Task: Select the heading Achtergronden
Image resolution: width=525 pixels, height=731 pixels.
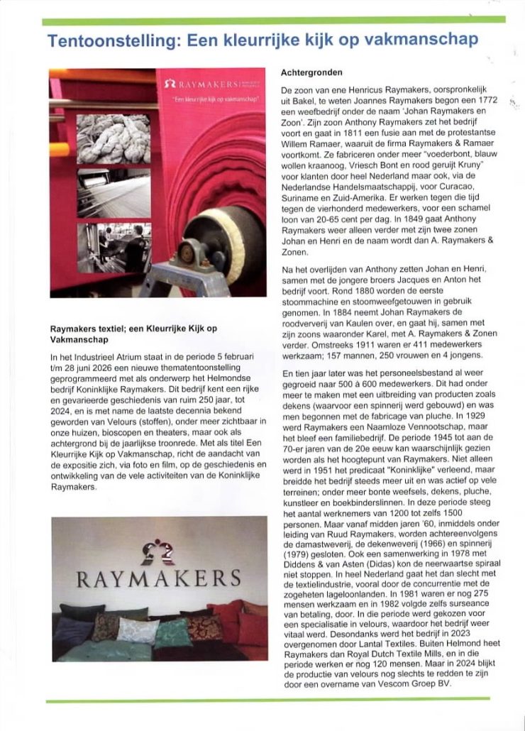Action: [x=311, y=73]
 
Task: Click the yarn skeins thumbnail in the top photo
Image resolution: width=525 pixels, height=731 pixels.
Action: [x=114, y=138]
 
